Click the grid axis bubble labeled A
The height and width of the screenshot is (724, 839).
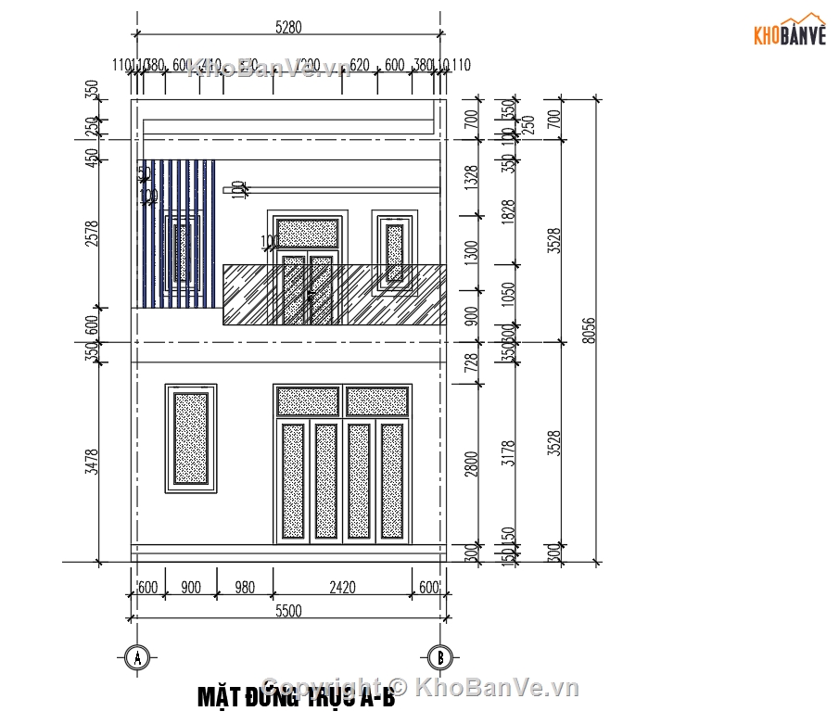[137, 658]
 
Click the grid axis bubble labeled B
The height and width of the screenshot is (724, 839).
[439, 658]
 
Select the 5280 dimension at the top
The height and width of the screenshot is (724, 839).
[288, 29]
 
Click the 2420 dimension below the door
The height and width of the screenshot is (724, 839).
[343, 587]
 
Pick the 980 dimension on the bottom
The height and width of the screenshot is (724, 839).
[245, 587]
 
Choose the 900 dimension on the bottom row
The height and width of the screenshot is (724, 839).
[191, 587]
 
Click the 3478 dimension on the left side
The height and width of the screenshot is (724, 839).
[90, 461]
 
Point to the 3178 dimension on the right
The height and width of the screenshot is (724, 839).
[506, 453]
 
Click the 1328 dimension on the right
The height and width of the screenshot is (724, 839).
[471, 176]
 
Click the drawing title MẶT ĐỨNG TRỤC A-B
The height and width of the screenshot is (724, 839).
[296, 696]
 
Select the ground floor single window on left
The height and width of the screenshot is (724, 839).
[191, 438]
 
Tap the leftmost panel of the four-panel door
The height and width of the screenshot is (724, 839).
[293, 481]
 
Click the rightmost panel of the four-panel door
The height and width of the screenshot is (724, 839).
[392, 481]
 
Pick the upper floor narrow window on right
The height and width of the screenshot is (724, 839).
[395, 251]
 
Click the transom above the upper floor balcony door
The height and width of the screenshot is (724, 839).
[308, 233]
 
